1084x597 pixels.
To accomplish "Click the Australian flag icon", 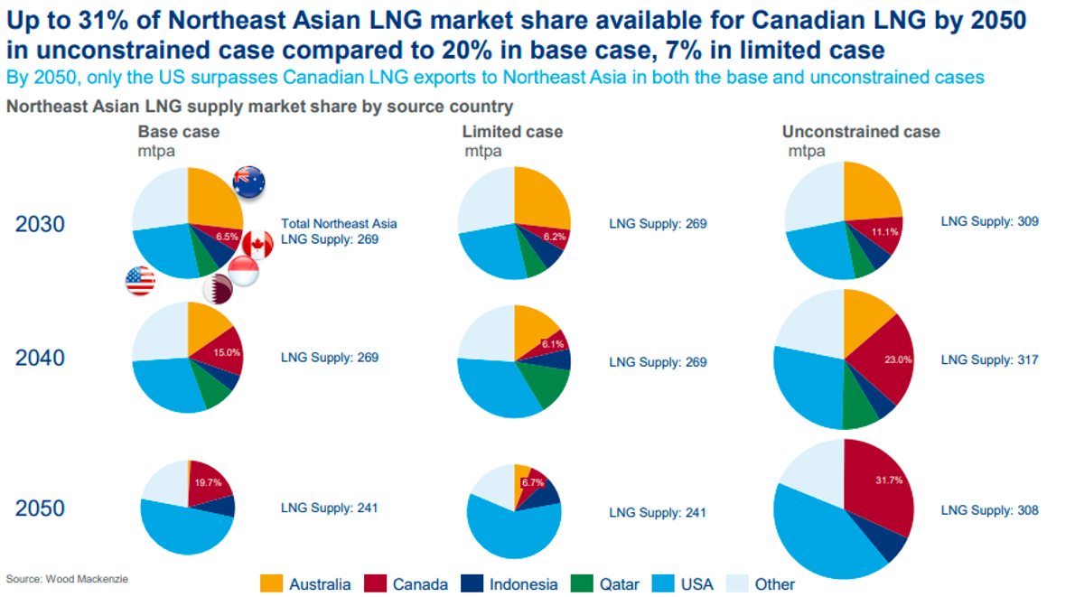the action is [248, 182].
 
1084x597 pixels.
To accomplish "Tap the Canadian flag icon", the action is [257, 245].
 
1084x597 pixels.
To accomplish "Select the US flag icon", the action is [140, 281].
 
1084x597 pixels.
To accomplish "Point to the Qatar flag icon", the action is [218, 289].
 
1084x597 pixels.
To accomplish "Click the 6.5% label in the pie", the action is [227, 237].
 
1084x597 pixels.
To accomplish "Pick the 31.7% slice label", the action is [889, 480].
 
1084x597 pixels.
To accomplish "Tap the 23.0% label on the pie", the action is [898, 359].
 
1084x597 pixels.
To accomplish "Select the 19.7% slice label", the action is [208, 482].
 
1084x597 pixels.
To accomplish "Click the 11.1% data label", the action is [884, 232].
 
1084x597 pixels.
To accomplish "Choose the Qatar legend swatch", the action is [582, 583].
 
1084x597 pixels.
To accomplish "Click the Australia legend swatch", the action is [271, 583].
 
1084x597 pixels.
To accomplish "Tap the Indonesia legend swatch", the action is [472, 583].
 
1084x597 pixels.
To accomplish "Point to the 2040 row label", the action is [40, 358].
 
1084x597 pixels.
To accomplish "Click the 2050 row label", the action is [40, 508].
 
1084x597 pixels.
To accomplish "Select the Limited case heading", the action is [512, 132].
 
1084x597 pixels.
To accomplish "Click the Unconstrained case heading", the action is [861, 132].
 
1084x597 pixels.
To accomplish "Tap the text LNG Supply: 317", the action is [990, 360].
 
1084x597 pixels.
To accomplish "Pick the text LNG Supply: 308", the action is [990, 510].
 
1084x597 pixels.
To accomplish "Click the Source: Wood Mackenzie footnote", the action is [67, 579].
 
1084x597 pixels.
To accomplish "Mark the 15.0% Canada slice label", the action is [227, 352].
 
